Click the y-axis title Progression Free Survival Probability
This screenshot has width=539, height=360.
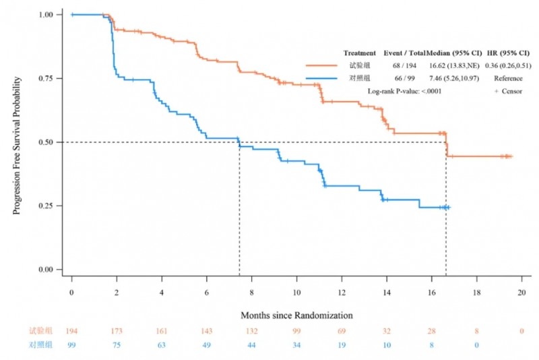pyautogui.click(x=17, y=145)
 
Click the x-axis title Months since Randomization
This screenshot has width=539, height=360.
pyautogui.click(x=296, y=315)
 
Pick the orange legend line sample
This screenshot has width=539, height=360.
pyautogui.click(x=322, y=65)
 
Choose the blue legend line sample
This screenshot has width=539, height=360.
pyautogui.click(x=322, y=78)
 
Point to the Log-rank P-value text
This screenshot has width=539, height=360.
pyautogui.click(x=404, y=91)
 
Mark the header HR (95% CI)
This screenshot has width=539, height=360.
pyautogui.click(x=512, y=53)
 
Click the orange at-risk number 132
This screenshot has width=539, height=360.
pyautogui.click(x=251, y=331)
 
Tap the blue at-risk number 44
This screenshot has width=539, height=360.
pyautogui.click(x=251, y=344)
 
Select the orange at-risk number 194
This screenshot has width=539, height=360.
pyautogui.click(x=71, y=331)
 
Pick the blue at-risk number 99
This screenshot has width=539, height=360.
pyautogui.click(x=71, y=344)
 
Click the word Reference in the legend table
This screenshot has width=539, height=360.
pyautogui.click(x=507, y=78)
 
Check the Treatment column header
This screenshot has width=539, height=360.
pyautogui.click(x=359, y=53)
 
